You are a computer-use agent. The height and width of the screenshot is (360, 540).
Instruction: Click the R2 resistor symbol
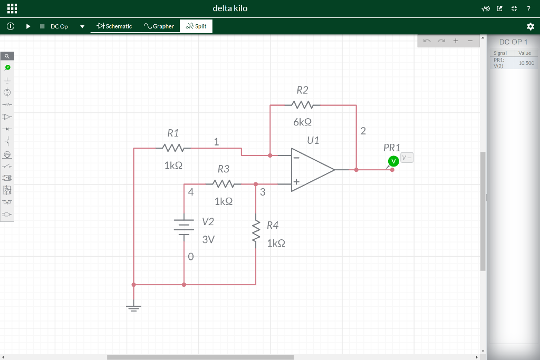click(302, 105)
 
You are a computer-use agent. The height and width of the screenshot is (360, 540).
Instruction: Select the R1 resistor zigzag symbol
click(173, 148)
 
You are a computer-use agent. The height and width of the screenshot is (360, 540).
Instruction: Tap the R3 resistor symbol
click(224, 184)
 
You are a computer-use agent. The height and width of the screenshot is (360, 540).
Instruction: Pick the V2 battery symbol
click(184, 228)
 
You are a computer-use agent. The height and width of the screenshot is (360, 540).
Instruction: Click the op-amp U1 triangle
click(311, 170)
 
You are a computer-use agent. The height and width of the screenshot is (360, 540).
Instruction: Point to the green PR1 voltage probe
click(393, 161)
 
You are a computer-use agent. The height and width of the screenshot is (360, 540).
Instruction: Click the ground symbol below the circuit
click(134, 307)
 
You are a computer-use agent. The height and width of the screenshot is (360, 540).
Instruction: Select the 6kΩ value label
click(302, 122)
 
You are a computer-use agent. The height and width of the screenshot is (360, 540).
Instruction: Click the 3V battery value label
click(208, 239)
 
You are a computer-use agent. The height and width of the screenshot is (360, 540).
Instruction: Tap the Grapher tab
click(159, 26)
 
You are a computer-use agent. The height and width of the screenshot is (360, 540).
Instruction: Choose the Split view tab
click(196, 26)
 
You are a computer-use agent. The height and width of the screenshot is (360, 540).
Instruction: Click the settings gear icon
click(531, 26)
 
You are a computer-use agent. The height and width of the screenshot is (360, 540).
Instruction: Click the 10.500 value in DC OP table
click(526, 63)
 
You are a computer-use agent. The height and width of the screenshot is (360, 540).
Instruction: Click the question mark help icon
click(528, 8)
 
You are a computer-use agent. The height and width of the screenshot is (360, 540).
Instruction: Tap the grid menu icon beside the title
click(12, 8)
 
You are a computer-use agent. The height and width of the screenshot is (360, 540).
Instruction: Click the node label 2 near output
click(363, 131)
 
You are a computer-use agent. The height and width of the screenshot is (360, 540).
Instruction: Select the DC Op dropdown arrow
click(82, 26)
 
